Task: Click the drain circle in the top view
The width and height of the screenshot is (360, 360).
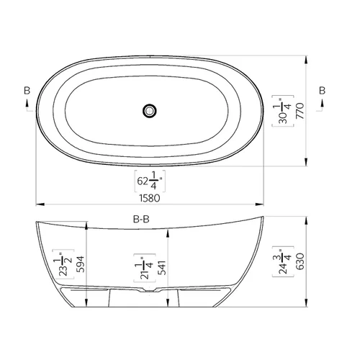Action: pyautogui.click(x=150, y=111)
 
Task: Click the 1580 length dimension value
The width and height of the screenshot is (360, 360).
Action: pyautogui.click(x=150, y=198)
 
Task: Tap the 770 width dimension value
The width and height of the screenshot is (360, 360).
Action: pyautogui.click(x=300, y=111)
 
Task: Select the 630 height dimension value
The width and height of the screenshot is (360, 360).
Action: pyautogui.click(x=300, y=261)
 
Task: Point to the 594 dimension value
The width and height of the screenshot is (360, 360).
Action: pyautogui.click(x=80, y=264)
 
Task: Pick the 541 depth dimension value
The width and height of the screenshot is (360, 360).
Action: pyautogui.click(x=162, y=268)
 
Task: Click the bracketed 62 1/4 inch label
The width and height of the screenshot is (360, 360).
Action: pyautogui.click(x=150, y=181)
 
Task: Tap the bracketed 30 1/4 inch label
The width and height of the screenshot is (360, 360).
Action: pyautogui.click(x=283, y=111)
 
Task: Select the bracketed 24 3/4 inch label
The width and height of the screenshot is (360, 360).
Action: pyautogui.click(x=283, y=261)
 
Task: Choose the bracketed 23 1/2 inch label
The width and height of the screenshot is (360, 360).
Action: pyautogui.click(x=63, y=264)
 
